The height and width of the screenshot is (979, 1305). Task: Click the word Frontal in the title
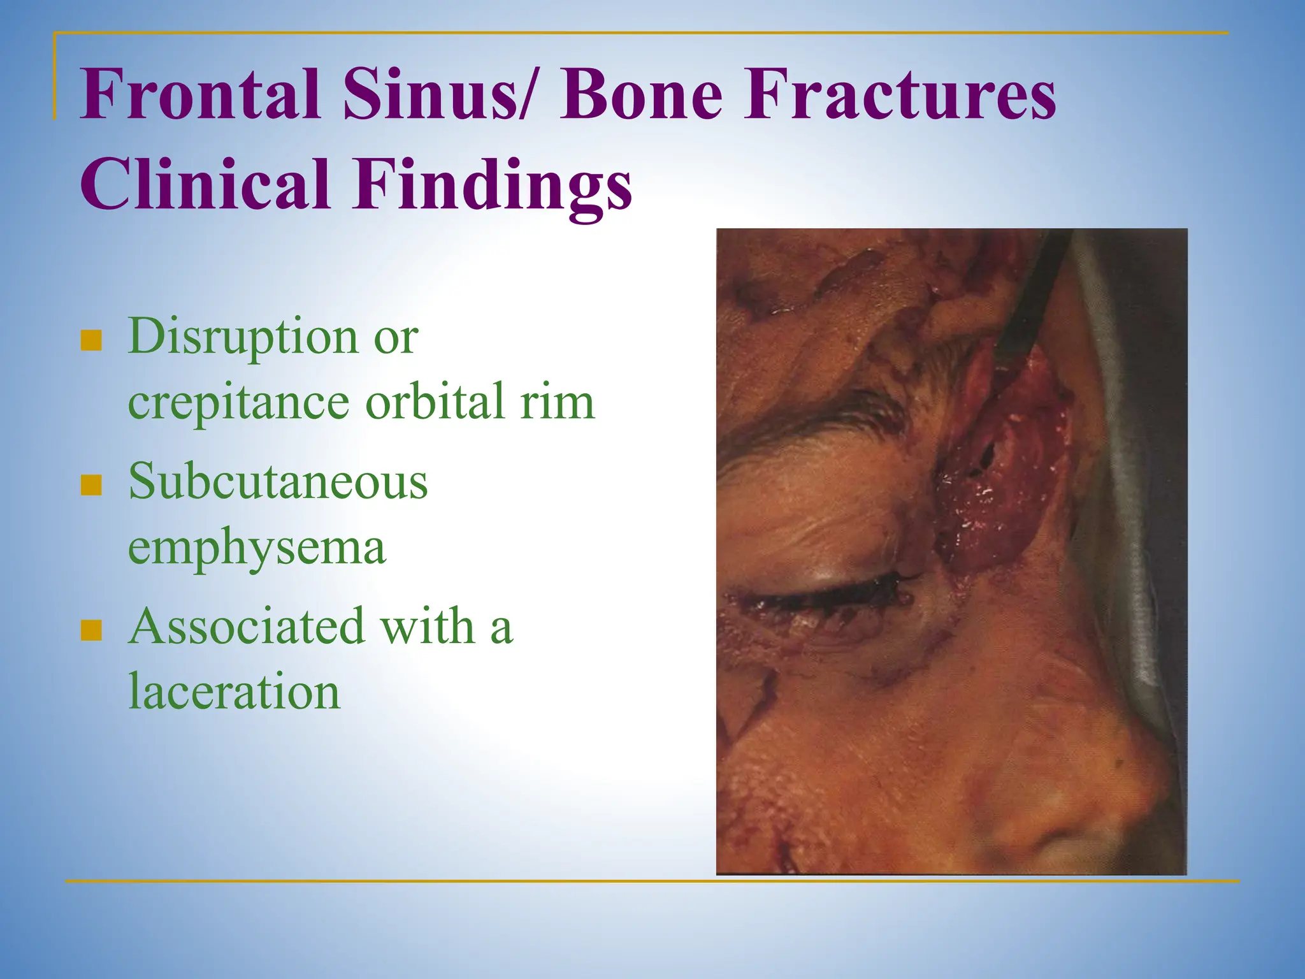[x=199, y=96]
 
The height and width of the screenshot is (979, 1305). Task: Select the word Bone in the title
[x=641, y=96]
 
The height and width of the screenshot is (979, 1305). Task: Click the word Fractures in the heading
[x=900, y=96]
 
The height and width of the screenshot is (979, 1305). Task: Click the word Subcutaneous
[x=278, y=482]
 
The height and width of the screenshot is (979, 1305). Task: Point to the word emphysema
[x=257, y=548]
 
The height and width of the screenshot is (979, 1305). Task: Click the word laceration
[x=234, y=692]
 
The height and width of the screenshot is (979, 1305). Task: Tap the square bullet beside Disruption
[x=92, y=340]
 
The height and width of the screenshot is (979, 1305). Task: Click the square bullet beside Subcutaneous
[x=92, y=485]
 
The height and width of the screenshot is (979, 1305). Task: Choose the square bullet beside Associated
[x=92, y=630]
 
